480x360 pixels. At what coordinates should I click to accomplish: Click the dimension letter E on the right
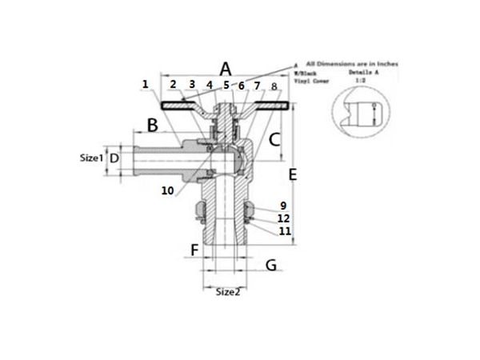pyautogui.click(x=293, y=174)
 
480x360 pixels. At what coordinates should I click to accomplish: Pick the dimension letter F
pyautogui.click(x=194, y=250)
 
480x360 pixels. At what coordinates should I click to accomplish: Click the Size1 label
pyautogui.click(x=92, y=158)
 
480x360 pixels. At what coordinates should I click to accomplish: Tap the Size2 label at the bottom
pyautogui.click(x=228, y=292)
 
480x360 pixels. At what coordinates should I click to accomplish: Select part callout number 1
pyautogui.click(x=145, y=83)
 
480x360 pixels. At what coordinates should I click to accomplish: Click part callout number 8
pyautogui.click(x=274, y=86)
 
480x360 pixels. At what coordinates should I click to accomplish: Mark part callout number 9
pyautogui.click(x=282, y=206)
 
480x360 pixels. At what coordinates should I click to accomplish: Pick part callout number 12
pyautogui.click(x=283, y=218)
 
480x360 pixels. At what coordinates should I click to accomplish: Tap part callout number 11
pyautogui.click(x=283, y=230)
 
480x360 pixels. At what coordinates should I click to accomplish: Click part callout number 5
pyautogui.click(x=226, y=85)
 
